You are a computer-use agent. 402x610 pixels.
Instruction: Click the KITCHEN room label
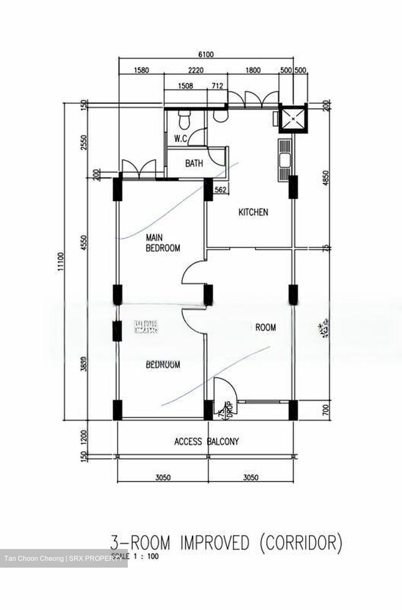tap(253, 212)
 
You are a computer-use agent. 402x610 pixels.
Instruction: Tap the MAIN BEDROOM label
tap(162, 243)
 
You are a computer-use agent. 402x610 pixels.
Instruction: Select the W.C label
tap(181, 139)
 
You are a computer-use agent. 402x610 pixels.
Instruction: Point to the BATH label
tap(194, 163)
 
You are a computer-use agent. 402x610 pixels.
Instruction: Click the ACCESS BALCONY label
tap(207, 441)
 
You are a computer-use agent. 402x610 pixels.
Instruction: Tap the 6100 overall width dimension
tap(206, 54)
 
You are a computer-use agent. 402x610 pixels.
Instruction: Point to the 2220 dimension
tap(196, 70)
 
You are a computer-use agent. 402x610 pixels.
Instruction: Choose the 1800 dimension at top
tap(253, 70)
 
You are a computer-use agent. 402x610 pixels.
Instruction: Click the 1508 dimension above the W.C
tap(185, 86)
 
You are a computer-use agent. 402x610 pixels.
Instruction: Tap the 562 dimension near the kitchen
tap(220, 190)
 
